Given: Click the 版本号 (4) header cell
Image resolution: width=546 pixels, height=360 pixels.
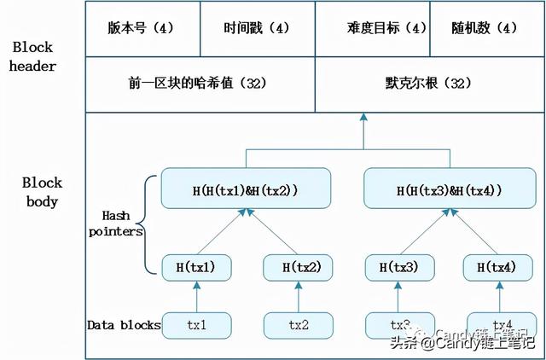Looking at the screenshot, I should pos(142,28).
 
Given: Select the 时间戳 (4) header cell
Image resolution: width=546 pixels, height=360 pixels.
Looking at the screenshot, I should pos(257,28).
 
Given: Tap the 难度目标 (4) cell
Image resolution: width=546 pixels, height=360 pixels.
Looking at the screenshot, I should pos(371,28).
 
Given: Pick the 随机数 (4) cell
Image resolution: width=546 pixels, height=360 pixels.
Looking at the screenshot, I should pos(484,28).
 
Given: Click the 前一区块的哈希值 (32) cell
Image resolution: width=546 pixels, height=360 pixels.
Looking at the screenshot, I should pos(200,84).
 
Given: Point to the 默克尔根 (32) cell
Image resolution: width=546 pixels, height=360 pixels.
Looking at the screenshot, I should pos(428,84).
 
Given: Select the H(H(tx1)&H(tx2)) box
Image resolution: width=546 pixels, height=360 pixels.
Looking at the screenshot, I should pos(245,189).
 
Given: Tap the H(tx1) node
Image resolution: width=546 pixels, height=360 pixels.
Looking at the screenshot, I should pos(197,268).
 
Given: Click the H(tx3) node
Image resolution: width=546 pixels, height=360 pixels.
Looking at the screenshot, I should pos(396,268).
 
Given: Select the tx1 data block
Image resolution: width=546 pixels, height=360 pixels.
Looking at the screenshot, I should pos(197,325).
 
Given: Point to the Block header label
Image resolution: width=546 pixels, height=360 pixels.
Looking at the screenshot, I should pos(34,56).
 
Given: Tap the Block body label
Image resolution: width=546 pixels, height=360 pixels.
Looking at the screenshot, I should pos(40,192).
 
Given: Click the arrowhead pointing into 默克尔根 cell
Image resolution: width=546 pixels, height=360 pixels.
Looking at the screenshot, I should pos(363,117).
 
